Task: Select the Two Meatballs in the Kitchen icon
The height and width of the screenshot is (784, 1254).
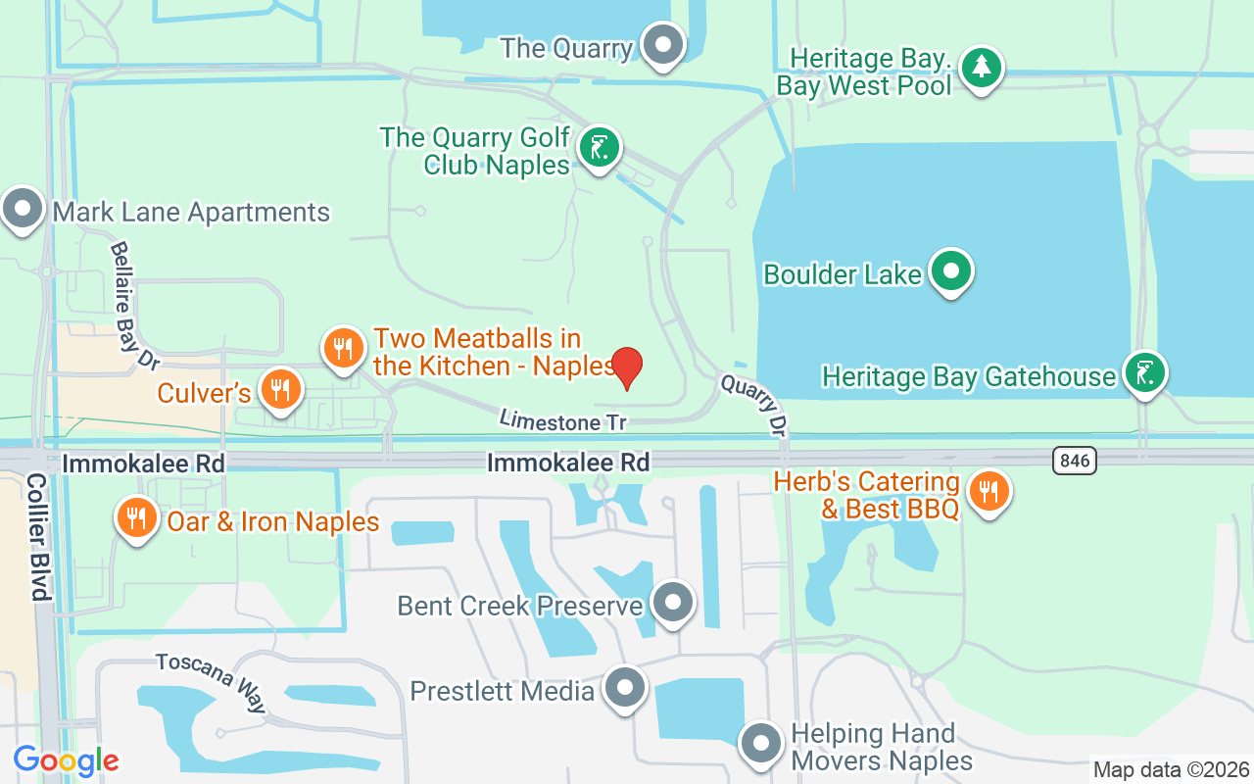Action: (x=343, y=348)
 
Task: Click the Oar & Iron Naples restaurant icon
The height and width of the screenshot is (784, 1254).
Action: (x=137, y=517)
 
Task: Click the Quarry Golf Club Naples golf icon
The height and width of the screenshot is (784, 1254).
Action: (x=599, y=149)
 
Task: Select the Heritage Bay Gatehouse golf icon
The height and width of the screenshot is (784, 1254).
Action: (x=1144, y=373)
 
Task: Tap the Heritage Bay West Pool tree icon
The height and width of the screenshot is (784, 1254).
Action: (x=981, y=69)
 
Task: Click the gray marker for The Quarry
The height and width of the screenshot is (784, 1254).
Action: (x=664, y=45)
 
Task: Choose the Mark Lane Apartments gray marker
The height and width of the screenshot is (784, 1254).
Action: (x=23, y=209)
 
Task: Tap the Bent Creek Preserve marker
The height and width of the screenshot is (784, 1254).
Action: (x=673, y=602)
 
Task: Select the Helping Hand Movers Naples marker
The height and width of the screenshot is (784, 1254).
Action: (x=761, y=745)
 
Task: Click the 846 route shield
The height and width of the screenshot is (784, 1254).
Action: (x=1075, y=461)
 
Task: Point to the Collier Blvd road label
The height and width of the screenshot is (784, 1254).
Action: (x=38, y=537)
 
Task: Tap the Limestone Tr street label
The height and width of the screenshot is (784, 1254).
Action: (x=561, y=421)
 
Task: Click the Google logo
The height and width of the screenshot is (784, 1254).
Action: (x=66, y=760)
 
